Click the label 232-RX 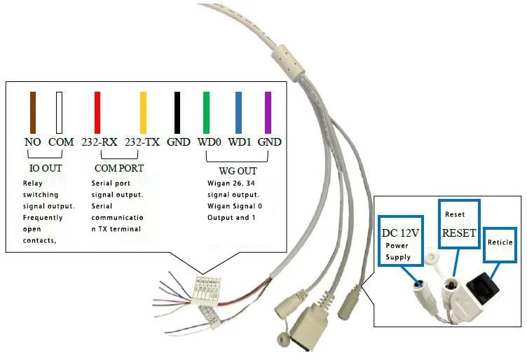[99, 141]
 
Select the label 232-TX [142, 141]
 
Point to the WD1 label [240, 141]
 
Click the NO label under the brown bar [32, 141]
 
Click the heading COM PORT [118, 169]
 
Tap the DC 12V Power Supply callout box [400, 240]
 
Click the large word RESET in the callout [459, 233]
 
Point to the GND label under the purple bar [269, 141]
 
